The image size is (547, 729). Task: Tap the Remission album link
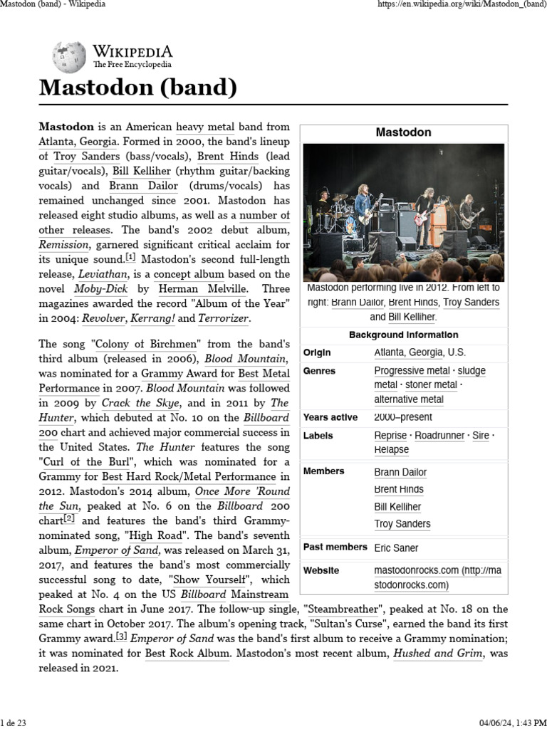pyautogui.click(x=65, y=244)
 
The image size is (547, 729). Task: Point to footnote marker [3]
pyautogui.click(x=122, y=636)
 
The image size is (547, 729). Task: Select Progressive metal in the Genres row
pyautogui.click(x=412, y=371)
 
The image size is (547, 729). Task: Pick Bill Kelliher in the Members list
pyautogui.click(x=397, y=507)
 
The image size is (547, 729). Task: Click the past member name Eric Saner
pyautogui.click(x=397, y=547)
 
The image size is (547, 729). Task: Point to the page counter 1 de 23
pyautogui.click(x=14, y=723)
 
